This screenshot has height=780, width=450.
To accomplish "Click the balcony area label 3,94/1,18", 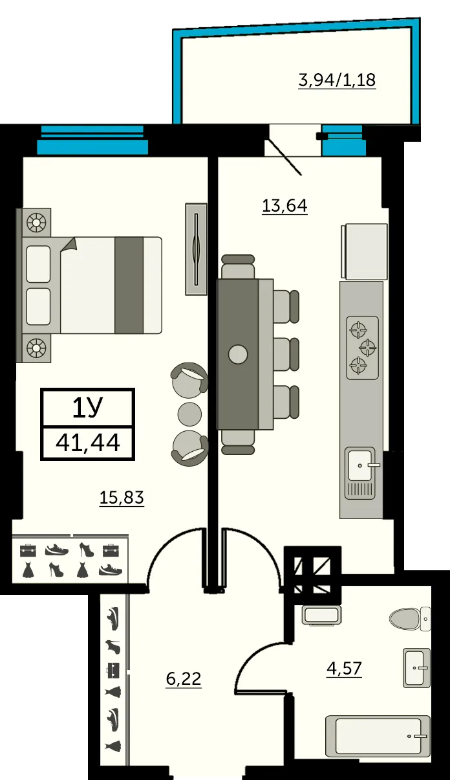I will [336, 80].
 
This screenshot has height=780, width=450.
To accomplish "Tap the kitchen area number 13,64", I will [284, 206].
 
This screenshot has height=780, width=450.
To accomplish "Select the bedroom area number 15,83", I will [121, 498].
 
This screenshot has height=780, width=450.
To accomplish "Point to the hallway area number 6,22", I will [184, 679].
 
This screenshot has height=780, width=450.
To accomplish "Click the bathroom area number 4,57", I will [343, 668].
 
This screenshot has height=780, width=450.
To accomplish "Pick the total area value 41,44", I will [88, 443].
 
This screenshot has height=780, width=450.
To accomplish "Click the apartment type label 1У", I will [88, 408].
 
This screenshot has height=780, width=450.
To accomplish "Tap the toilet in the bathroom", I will [410, 619].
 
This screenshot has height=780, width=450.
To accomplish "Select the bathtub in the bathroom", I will [378, 736].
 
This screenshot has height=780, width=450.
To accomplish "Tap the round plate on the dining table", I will [238, 354].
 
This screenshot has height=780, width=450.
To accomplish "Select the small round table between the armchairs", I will [189, 412].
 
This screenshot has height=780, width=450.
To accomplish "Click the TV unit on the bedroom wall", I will [196, 249].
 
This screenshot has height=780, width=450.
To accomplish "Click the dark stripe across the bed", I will [129, 285].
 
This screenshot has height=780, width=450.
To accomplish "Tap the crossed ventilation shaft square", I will [313, 570].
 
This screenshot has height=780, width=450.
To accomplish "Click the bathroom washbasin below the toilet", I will [416, 667].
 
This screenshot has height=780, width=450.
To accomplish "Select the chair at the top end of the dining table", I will [238, 265].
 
